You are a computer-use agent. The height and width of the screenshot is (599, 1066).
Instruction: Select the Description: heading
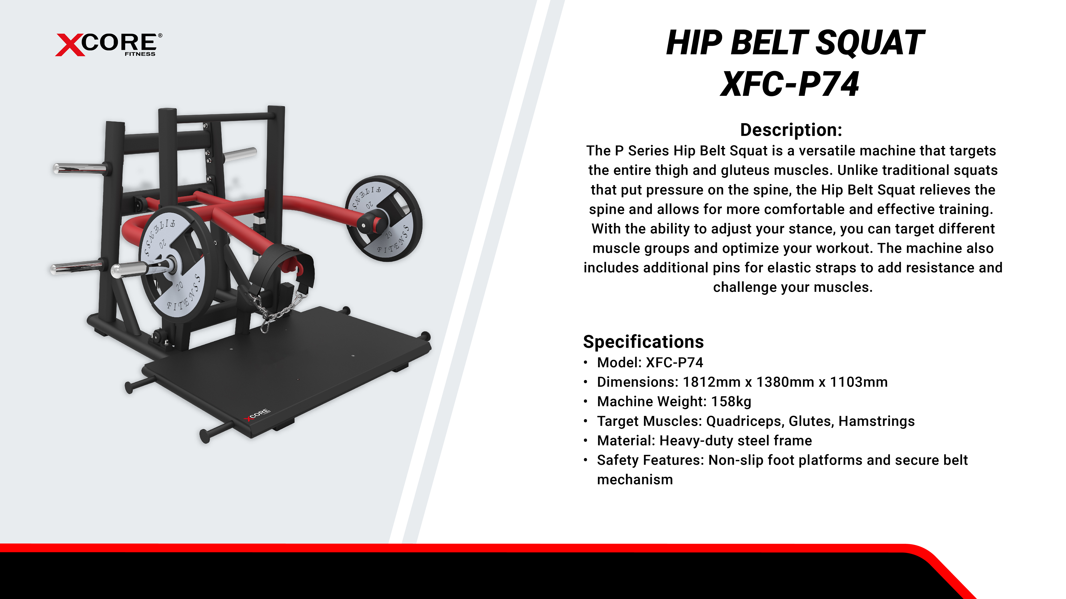pyautogui.click(x=791, y=130)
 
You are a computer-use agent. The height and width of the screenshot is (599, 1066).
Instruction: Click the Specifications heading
pyautogui.click(x=644, y=342)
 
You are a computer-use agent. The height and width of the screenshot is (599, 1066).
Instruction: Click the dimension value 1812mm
pyautogui.click(x=711, y=382)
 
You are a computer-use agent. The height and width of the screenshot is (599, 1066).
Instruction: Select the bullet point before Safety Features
pyautogui.click(x=586, y=460)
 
